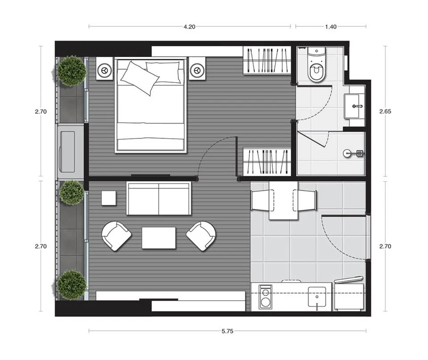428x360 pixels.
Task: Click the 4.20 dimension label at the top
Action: [189, 27]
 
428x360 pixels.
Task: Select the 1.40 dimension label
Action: [330, 27]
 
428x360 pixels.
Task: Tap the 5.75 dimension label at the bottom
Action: [227, 331]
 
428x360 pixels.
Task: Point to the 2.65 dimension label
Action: [385, 112]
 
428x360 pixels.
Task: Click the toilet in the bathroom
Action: [317, 65]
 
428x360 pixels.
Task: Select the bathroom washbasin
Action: [354, 106]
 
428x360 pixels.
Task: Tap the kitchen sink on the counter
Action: [317, 297]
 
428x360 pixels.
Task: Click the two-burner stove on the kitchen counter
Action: [265, 297]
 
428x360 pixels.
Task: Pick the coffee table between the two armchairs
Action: [159, 238]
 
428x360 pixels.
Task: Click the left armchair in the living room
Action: [116, 236]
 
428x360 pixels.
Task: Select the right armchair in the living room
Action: [201, 236]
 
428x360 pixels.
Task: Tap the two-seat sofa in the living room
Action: [159, 199]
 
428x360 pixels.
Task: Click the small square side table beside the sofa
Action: [109, 198]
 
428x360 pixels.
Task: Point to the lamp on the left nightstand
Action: [104, 70]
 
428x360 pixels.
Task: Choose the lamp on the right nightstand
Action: [197, 70]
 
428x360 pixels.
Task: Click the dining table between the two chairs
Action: [284, 200]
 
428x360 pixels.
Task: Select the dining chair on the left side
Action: [262, 200]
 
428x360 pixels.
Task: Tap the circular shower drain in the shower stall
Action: [347, 153]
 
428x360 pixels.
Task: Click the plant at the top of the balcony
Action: [72, 71]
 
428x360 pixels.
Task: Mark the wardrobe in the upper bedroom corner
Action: [267, 60]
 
